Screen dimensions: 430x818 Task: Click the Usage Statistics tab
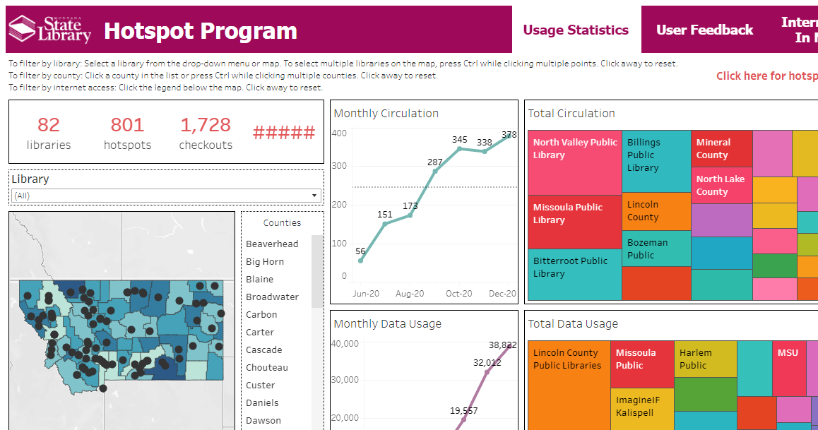pyautogui.click(x=576, y=30)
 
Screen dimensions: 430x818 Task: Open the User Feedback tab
pyautogui.click(x=704, y=30)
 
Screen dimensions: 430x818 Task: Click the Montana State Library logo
pyautogui.click(x=49, y=30)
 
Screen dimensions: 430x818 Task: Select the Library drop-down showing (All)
pyautogui.click(x=166, y=196)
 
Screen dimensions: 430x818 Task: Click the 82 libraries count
pyautogui.click(x=49, y=133)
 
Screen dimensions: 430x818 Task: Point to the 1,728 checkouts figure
pyautogui.click(x=206, y=133)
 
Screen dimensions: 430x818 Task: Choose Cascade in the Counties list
pyautogui.click(x=264, y=350)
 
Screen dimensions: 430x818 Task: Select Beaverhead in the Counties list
pyautogui.click(x=272, y=244)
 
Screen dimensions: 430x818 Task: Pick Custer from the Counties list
pyautogui.click(x=261, y=385)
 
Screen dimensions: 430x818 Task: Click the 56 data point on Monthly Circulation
pyautogui.click(x=361, y=261)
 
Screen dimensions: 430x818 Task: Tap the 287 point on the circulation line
pyautogui.click(x=435, y=172)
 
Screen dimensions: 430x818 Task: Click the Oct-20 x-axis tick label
pyautogui.click(x=459, y=294)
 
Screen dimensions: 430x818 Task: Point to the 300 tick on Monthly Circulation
pyautogui.click(x=339, y=166)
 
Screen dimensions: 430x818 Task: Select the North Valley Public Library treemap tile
pyautogui.click(x=575, y=162)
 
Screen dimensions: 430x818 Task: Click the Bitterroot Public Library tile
pyautogui.click(x=575, y=275)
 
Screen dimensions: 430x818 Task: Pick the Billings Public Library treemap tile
pyautogui.click(x=656, y=161)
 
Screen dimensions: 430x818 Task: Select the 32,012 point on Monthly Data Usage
pyautogui.click(x=486, y=372)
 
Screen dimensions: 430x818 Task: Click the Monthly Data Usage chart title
pyautogui.click(x=387, y=323)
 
